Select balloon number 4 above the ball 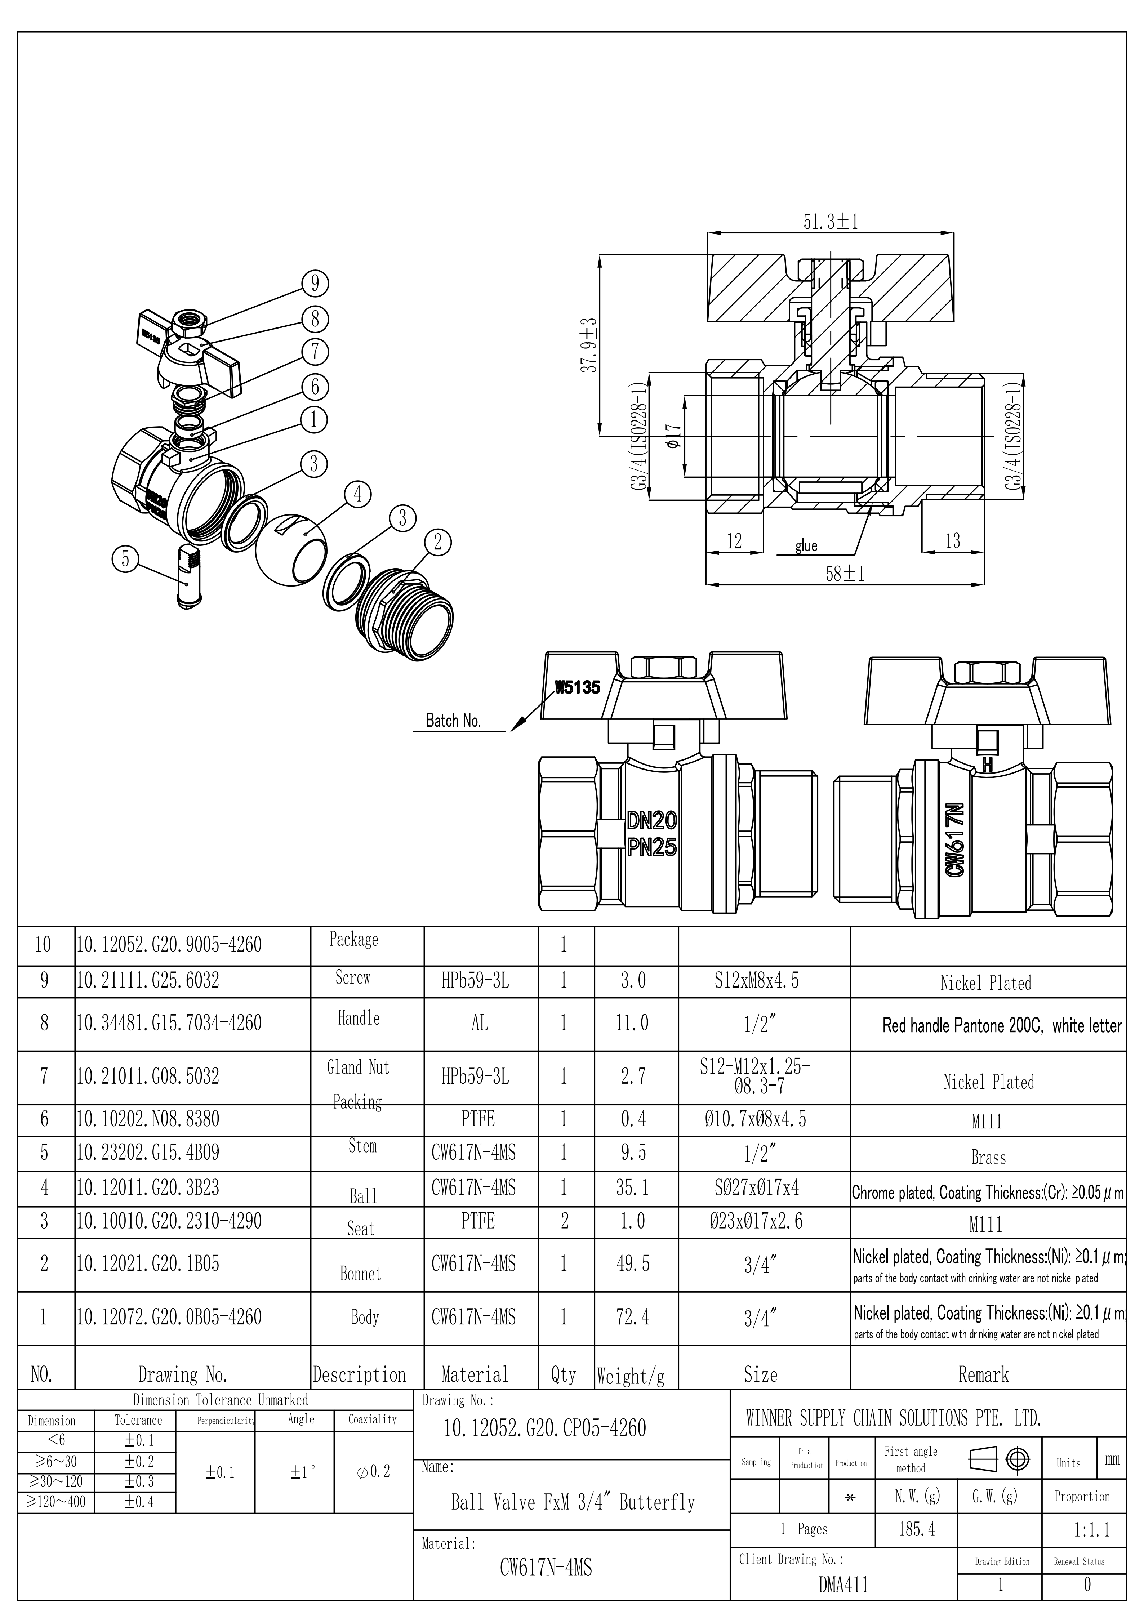click(357, 494)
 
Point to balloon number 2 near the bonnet click(438, 542)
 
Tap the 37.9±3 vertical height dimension click(591, 344)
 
